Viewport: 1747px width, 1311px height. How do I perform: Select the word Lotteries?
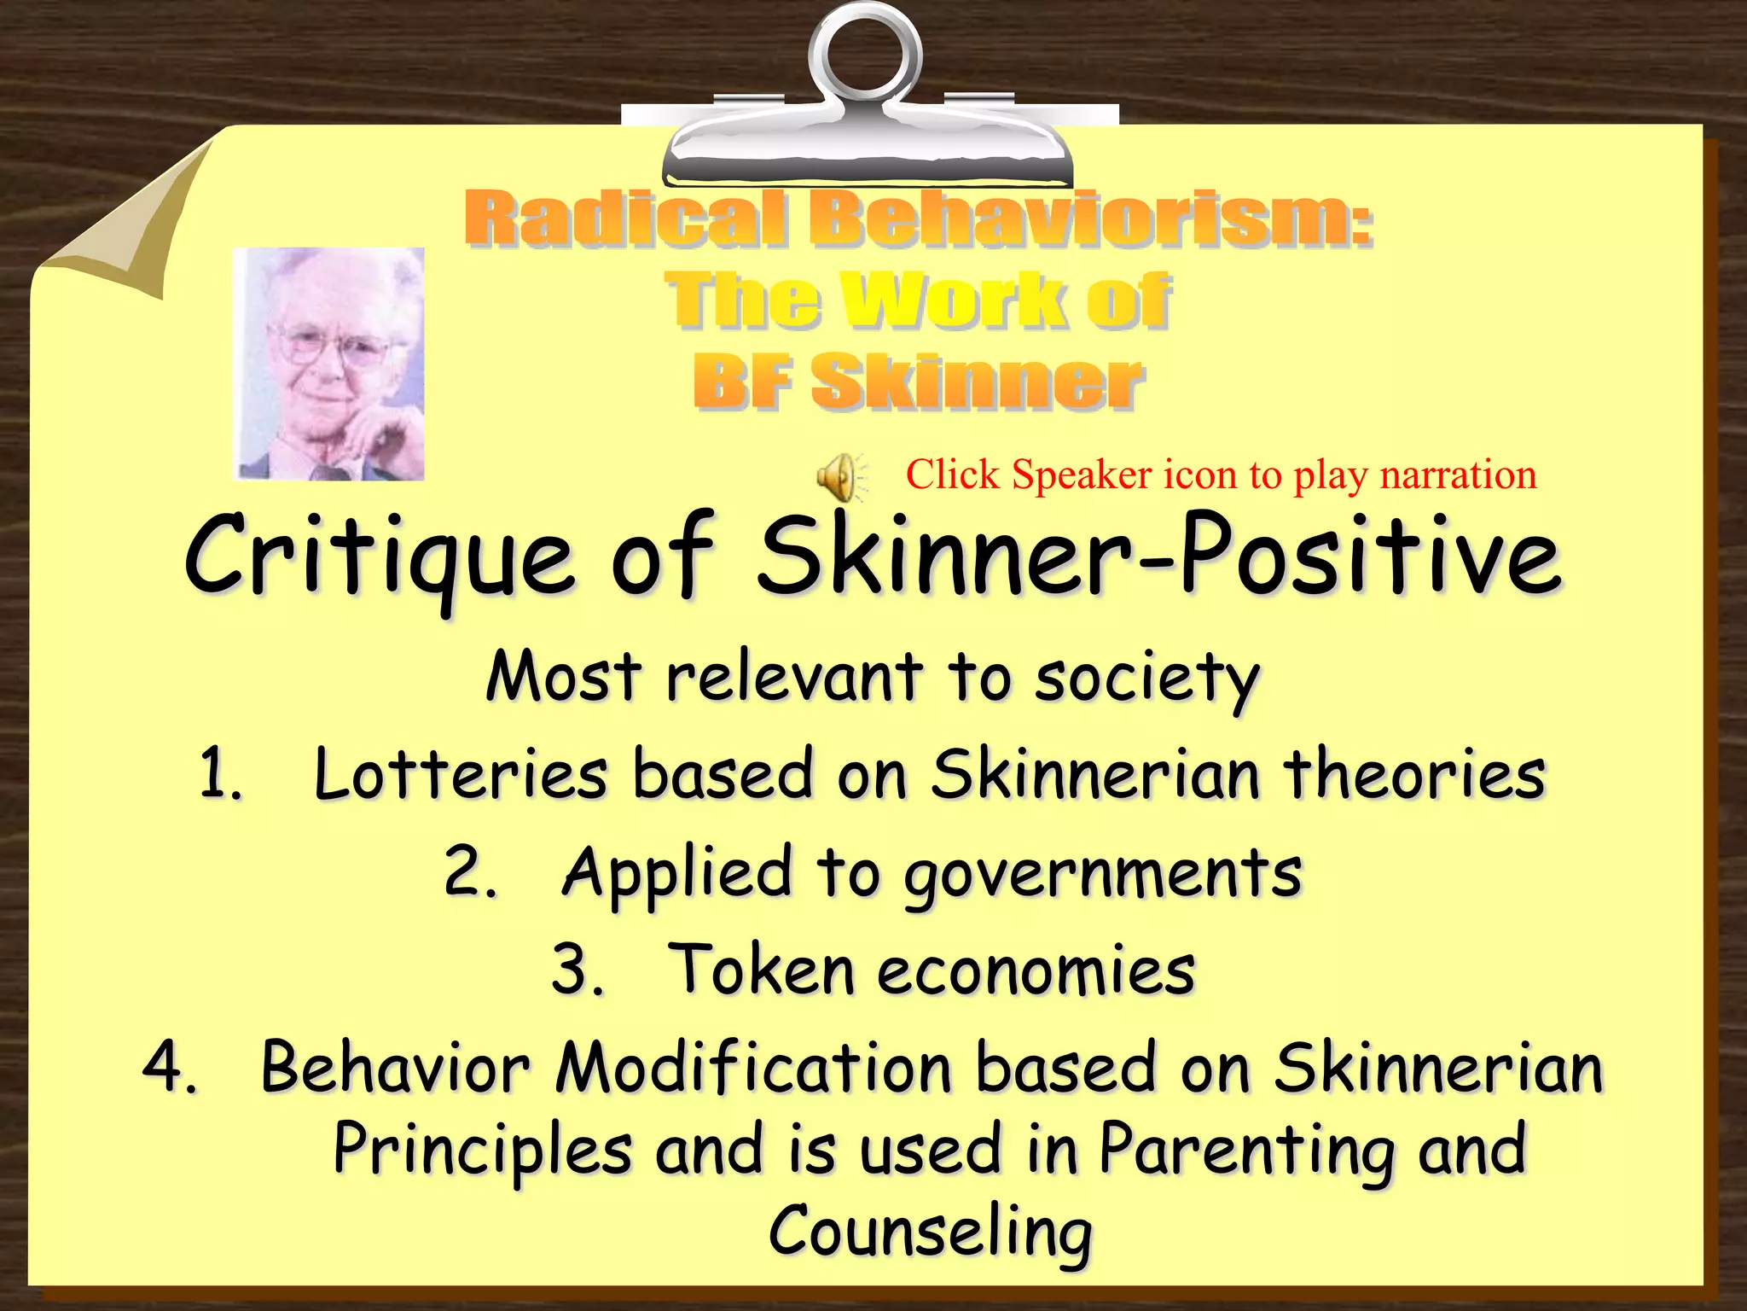click(x=461, y=775)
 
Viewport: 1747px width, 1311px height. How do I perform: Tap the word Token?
click(x=760, y=970)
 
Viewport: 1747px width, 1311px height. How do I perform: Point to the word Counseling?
click(x=930, y=1232)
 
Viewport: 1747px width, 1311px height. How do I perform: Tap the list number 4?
click(x=168, y=1068)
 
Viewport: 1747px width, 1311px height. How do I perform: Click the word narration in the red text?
click(x=1458, y=475)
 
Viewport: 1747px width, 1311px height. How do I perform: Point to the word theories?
click(x=1415, y=775)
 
